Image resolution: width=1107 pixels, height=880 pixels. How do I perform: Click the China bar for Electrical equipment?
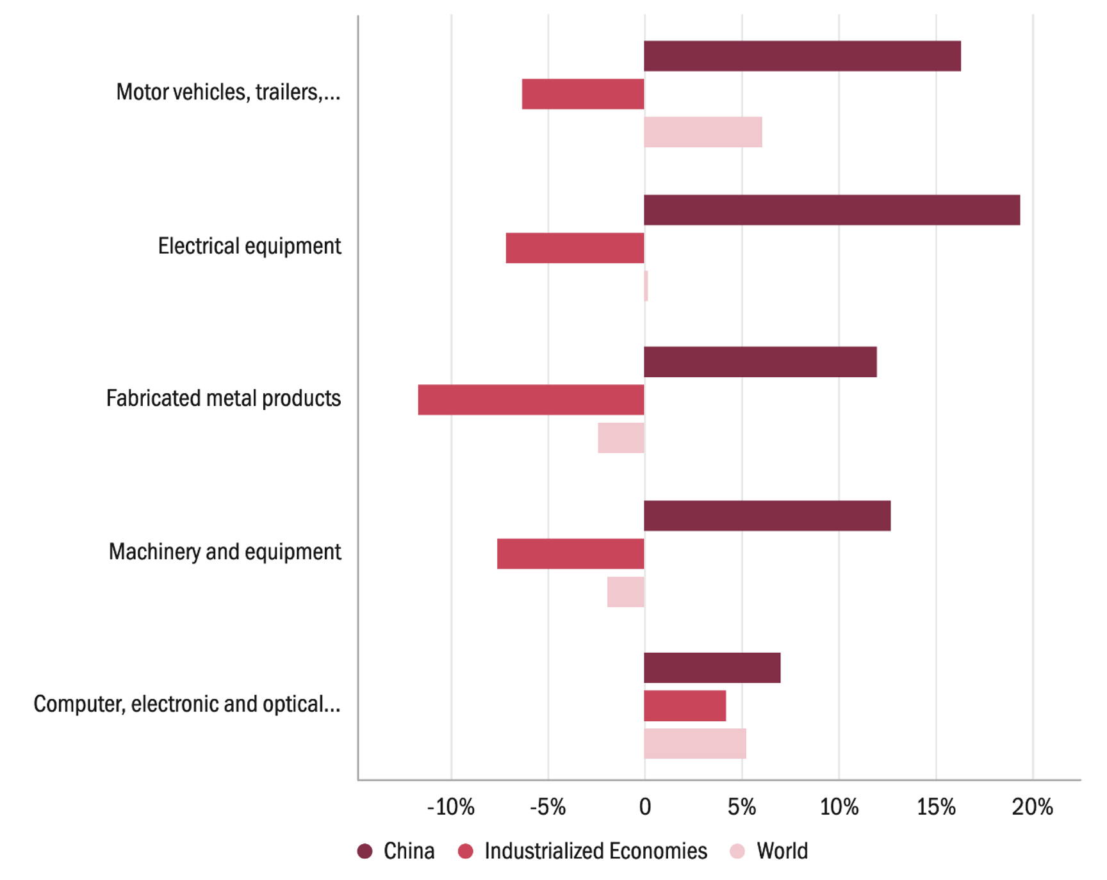[x=832, y=210]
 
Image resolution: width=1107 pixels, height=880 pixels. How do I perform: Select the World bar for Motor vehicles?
[x=703, y=132]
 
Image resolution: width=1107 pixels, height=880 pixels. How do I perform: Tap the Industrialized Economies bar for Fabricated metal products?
[x=531, y=400]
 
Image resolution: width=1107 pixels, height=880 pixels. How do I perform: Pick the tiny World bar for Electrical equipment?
[x=646, y=286]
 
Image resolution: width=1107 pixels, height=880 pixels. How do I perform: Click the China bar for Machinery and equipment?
[x=767, y=516]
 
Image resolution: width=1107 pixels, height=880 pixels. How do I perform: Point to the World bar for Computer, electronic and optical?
[x=695, y=744]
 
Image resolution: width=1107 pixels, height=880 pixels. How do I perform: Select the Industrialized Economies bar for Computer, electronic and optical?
[x=685, y=706]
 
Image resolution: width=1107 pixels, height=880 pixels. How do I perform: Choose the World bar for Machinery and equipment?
[x=626, y=592]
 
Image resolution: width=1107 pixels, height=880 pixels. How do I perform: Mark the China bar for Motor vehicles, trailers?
[x=802, y=56]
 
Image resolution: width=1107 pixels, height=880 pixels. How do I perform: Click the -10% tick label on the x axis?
[x=450, y=807]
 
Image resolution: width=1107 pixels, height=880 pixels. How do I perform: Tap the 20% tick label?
[x=1032, y=807]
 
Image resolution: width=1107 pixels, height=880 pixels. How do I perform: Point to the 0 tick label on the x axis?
[x=644, y=807]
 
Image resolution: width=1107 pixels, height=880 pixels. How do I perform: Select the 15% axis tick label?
[x=936, y=807]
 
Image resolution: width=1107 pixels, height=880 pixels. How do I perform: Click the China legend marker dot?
[x=365, y=851]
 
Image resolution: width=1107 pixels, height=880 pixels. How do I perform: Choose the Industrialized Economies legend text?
[x=596, y=851]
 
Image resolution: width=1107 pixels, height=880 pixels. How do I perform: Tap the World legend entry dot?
[x=737, y=851]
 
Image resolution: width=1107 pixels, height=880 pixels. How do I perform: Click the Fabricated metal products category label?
[x=223, y=398]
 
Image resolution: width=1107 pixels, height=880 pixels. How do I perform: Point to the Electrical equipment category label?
[x=249, y=246]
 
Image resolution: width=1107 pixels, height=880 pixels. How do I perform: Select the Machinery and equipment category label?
[x=224, y=551]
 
